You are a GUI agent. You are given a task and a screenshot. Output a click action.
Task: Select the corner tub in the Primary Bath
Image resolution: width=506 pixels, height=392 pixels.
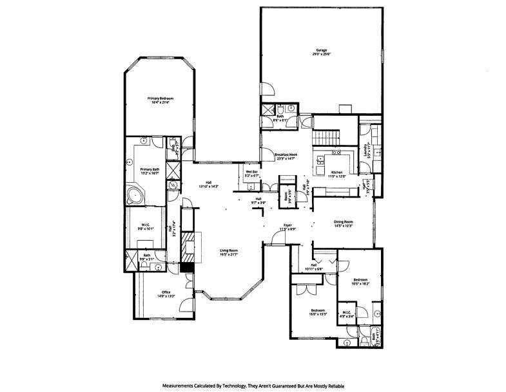(x=135, y=194)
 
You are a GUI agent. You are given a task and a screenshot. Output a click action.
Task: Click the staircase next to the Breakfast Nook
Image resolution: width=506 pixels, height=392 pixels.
(x=325, y=137)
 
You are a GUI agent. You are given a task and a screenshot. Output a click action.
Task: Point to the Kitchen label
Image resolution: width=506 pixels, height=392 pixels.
(x=337, y=172)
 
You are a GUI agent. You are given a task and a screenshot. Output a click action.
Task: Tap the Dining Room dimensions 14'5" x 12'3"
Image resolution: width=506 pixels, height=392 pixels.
(x=343, y=226)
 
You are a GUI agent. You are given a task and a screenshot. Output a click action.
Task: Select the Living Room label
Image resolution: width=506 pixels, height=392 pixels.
(x=229, y=250)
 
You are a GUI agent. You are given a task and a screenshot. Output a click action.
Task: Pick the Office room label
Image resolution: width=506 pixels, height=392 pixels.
(x=166, y=293)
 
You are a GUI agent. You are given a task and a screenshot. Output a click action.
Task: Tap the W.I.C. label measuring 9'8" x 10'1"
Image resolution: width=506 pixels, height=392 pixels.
(x=146, y=225)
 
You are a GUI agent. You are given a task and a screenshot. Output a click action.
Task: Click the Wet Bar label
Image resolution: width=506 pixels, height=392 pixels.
(x=251, y=172)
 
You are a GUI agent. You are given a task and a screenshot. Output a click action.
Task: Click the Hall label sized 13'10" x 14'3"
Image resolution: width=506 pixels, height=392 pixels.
(x=208, y=182)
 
